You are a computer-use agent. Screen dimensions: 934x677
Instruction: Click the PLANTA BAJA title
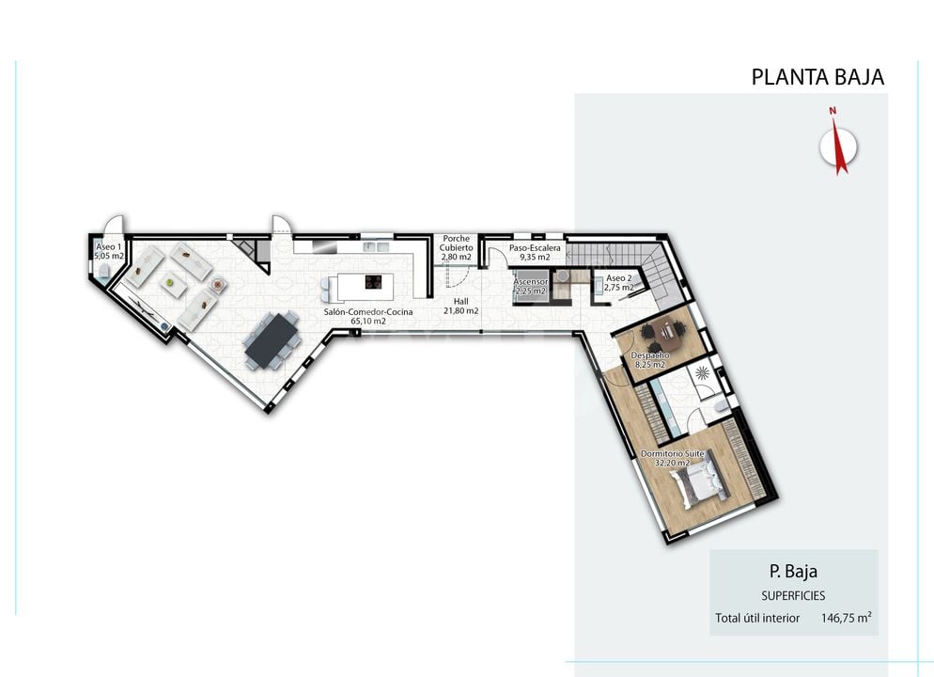pos(817,77)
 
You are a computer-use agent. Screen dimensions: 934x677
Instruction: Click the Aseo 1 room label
pos(109,246)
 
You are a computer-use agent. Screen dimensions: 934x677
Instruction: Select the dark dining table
pos(272,341)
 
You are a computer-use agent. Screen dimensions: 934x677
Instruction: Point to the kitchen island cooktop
pos(373,282)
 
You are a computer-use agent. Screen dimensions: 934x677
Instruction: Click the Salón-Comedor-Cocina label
pos(368,311)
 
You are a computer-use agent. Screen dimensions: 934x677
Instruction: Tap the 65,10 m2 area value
pos(368,322)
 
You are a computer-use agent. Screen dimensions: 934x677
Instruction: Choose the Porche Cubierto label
pos(457,244)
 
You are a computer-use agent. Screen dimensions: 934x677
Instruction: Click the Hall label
pos(460,302)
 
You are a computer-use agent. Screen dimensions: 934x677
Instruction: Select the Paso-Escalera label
pos(535,248)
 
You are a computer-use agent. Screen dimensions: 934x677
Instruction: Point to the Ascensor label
pos(531,282)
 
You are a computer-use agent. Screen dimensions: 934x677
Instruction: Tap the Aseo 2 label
pos(619,278)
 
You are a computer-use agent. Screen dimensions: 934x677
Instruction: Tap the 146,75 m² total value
pos(846,618)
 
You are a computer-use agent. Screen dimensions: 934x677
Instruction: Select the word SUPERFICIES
pos(793,596)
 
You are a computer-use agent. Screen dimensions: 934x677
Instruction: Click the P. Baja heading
pos(793,572)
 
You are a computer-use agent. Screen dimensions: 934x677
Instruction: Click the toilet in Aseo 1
pos(104,273)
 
